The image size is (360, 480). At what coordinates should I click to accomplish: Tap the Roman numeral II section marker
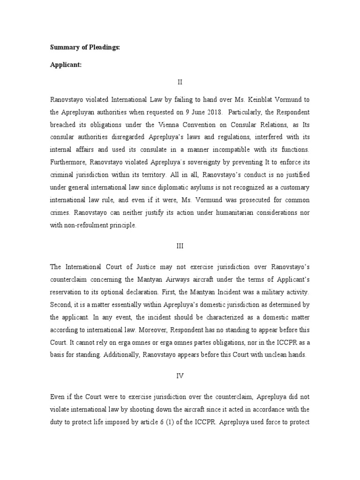pyautogui.click(x=180, y=82)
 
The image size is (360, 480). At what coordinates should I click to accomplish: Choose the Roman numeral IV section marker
pyautogui.click(x=180, y=375)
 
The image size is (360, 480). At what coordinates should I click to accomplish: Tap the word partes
pyautogui.click(x=184, y=342)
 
